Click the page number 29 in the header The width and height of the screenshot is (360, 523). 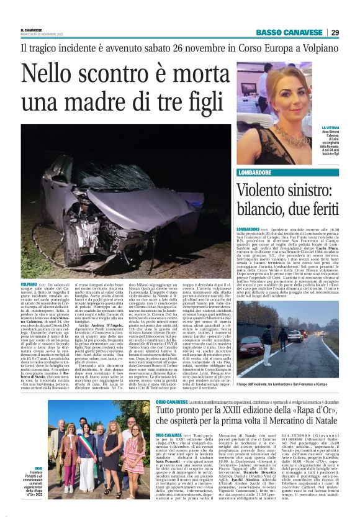point(335,32)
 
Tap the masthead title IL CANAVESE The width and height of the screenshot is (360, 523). point(32,29)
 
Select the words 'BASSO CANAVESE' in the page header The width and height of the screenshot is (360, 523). point(288,32)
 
